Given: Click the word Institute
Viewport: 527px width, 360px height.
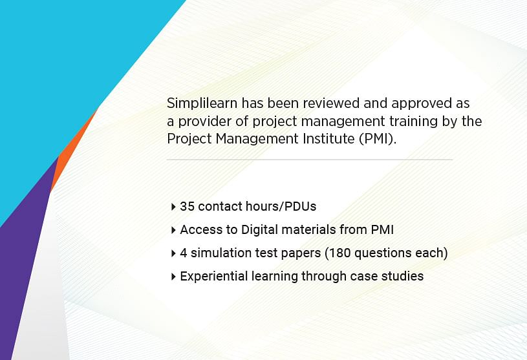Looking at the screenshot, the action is pos(328,138).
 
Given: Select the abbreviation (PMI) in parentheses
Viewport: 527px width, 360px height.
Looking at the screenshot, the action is pos(376,139).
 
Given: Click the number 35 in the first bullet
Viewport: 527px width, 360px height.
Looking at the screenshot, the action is pos(188,206).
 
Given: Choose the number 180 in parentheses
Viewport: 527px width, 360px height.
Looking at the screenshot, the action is pos(339,253).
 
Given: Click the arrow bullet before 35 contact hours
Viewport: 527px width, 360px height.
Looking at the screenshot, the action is pos(173,207).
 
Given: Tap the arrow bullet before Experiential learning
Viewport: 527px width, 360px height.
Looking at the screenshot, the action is pos(173,277).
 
